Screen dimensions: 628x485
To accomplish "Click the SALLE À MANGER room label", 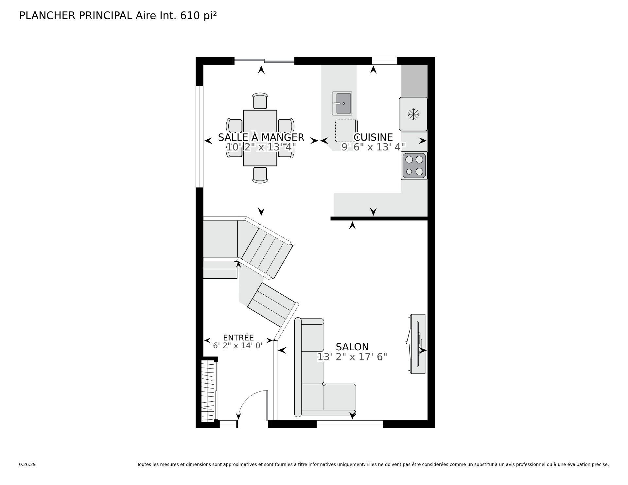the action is click(x=261, y=137).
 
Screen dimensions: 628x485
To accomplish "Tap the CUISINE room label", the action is click(x=373, y=137).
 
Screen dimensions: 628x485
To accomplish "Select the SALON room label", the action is click(x=352, y=347).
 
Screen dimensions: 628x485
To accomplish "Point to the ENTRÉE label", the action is click(x=238, y=338).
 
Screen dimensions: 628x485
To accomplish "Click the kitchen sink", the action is click(x=342, y=103).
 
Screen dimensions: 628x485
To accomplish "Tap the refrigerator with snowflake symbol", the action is click(x=413, y=114).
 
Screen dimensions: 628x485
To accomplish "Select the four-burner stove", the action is click(x=414, y=166).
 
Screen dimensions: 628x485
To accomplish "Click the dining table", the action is click(x=260, y=138).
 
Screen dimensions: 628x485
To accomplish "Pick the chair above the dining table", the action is click(x=260, y=101).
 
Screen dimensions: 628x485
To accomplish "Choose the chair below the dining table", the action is click(x=260, y=175).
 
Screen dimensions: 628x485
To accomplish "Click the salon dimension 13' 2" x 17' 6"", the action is click(x=352, y=357).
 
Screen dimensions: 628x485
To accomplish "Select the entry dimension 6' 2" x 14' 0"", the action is click(x=238, y=346).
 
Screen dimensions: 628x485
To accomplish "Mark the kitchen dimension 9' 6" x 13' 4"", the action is click(x=373, y=147).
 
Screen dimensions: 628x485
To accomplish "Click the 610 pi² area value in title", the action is click(x=198, y=16).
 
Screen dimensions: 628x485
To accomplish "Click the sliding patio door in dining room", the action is click(x=265, y=60).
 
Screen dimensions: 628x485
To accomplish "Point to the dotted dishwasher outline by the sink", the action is click(x=346, y=131).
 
